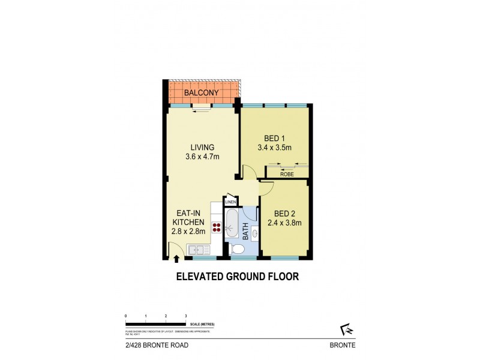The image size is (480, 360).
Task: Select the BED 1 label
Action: click(274, 136)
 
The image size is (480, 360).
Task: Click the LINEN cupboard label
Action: click(230, 202)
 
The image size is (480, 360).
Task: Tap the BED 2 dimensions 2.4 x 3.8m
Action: click(287, 223)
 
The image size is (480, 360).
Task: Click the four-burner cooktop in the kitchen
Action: click(216, 227)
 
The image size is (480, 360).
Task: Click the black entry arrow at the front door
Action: click(176, 259)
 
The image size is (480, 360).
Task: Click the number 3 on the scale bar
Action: click(185, 315)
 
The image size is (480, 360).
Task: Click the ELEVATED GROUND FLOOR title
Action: click(236, 277)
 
